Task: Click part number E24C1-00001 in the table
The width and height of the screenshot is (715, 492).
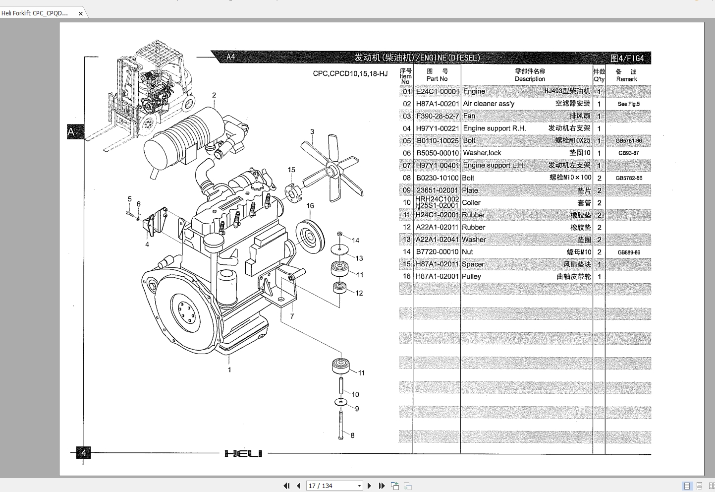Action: [x=438, y=91]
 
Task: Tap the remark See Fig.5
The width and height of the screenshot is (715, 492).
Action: [x=628, y=104]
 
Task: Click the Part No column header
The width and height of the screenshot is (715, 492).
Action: [x=437, y=75]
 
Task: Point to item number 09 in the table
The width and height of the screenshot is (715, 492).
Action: [x=406, y=190]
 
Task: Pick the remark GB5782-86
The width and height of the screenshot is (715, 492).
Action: [x=628, y=178]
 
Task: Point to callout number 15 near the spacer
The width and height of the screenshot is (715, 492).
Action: [x=291, y=170]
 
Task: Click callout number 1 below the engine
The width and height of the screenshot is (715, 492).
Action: [x=229, y=369]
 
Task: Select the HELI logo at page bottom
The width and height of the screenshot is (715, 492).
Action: [x=243, y=453]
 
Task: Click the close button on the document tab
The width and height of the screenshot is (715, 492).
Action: [x=81, y=13]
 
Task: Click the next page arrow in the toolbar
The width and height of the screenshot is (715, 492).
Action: [x=369, y=486]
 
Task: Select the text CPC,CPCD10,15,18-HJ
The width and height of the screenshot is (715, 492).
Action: [x=350, y=73]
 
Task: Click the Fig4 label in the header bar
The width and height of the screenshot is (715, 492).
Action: [x=627, y=58]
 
